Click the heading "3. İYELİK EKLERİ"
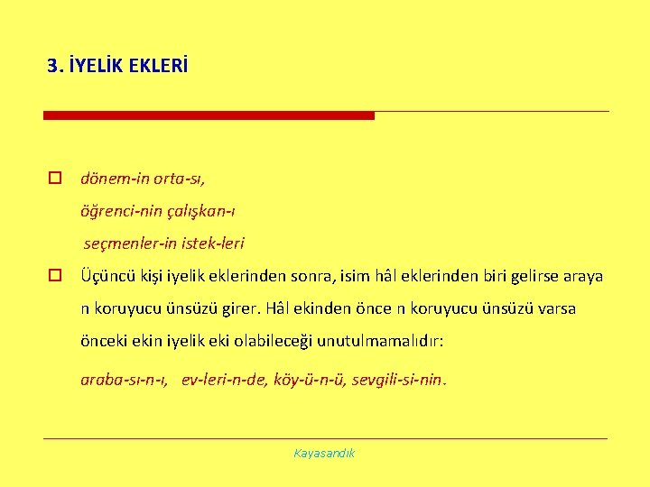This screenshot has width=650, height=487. click(118, 66)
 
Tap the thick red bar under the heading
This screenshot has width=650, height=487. click(209, 115)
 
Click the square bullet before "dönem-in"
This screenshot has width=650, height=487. click(55, 179)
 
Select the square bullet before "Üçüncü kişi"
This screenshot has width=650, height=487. click(55, 276)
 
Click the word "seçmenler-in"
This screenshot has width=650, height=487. click(127, 243)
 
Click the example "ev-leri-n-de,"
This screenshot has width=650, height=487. click(225, 380)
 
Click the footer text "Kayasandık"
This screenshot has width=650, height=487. click(324, 453)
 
